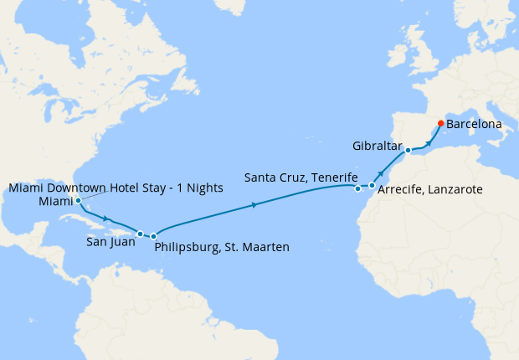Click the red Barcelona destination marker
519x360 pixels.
point(441,124)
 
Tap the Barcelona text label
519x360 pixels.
point(474,124)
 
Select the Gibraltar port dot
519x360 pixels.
point(408,151)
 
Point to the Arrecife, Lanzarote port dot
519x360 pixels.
point(372,185)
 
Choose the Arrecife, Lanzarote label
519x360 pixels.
point(430,191)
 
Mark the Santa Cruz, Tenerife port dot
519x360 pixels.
point(358,188)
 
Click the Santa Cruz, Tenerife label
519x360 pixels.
point(297,177)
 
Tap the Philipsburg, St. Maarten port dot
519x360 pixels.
point(154,237)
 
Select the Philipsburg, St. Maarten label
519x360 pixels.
point(223,247)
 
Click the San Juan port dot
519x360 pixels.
point(141,234)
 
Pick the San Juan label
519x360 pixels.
point(110,244)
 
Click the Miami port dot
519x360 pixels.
point(78,201)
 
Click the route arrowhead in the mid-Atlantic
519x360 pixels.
point(254,204)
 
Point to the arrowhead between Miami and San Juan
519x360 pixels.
point(106,219)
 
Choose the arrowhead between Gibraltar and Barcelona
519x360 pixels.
point(429,142)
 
